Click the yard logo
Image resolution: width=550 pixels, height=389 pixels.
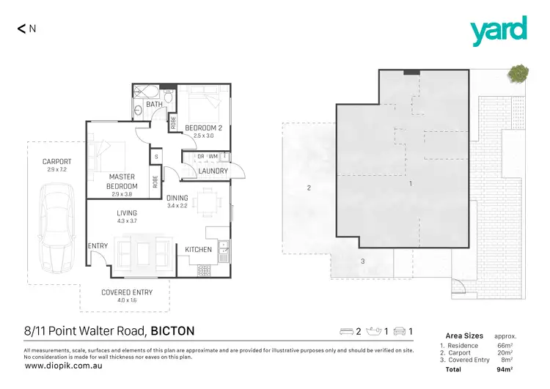point(498,31)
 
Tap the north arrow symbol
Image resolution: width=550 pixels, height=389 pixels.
point(21,29)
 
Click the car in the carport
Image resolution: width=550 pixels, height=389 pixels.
point(56,226)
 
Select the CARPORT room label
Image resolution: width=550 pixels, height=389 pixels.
point(56,161)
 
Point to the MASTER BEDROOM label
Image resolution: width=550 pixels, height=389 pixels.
point(122,181)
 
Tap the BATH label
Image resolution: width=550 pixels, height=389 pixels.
point(154,105)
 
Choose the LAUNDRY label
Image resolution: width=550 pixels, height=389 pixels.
point(212,171)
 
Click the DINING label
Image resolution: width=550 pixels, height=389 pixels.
point(177,198)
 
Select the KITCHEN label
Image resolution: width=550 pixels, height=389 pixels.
point(198,250)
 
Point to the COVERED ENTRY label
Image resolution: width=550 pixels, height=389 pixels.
point(128,292)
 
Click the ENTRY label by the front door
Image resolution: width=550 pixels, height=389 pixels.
point(98,245)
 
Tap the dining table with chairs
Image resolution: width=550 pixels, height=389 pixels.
point(210,199)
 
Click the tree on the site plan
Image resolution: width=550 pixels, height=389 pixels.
point(519,72)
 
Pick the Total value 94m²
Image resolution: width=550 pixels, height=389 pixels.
point(503,370)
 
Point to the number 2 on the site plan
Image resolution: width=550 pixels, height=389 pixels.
point(309,188)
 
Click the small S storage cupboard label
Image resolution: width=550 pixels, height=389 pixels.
point(155,156)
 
